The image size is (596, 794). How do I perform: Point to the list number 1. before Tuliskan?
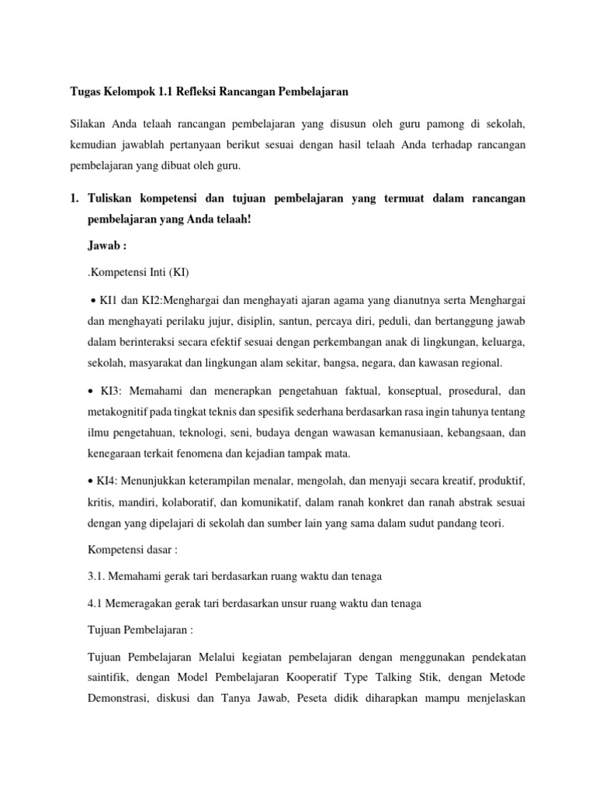75,199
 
